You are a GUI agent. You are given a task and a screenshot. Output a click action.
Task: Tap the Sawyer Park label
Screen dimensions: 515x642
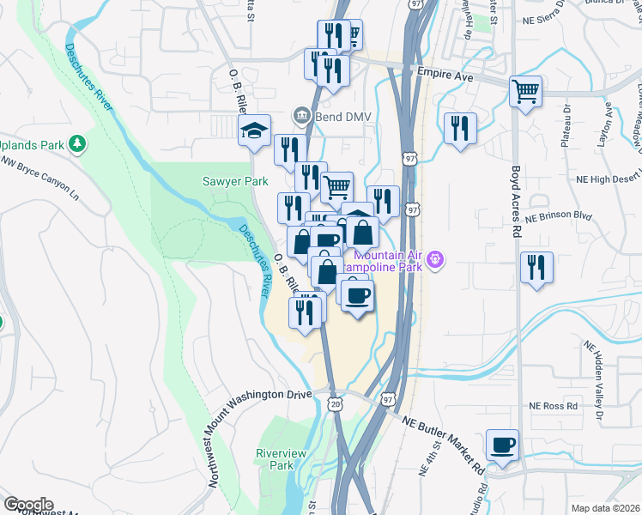(235, 181)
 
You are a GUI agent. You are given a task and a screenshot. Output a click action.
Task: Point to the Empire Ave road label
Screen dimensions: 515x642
(445, 76)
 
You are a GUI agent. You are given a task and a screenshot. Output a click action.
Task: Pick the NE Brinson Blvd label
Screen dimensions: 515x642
(559, 217)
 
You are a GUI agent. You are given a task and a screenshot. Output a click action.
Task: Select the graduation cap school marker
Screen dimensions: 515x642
(254, 130)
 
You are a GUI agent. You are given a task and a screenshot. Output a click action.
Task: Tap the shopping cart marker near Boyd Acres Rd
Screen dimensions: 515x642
(525, 90)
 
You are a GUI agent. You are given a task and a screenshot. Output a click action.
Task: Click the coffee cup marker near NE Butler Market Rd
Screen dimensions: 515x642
(502, 445)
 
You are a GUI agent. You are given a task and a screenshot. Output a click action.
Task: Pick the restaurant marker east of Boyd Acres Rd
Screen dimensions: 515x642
(537, 267)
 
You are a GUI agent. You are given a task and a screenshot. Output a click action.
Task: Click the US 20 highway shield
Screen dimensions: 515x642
(335, 403)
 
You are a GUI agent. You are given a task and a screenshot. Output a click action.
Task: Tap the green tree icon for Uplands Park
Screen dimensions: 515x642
(77, 142)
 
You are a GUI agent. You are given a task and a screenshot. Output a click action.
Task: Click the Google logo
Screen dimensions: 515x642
(28, 505)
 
